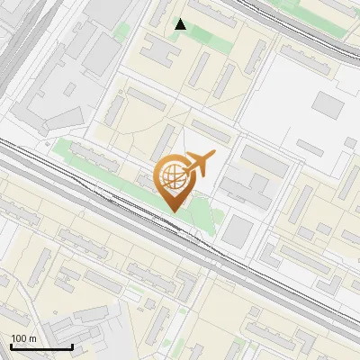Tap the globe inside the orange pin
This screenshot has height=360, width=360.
(x=174, y=176)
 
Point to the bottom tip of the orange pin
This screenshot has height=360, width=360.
(x=174, y=211)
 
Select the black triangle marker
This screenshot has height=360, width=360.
(x=181, y=24)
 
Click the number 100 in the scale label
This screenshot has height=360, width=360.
(x=19, y=338)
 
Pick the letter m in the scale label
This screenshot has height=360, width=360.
(x=33, y=338)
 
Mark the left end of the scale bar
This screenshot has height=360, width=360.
(x=11, y=347)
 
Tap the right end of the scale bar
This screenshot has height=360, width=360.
(x=72, y=347)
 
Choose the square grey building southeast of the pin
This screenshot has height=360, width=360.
(x=238, y=229)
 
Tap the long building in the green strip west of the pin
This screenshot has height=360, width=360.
(x=94, y=158)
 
